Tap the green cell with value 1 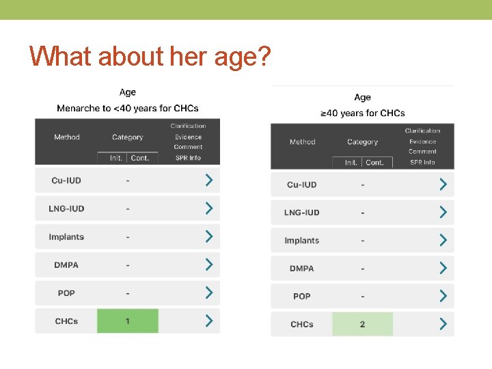[x=128, y=321]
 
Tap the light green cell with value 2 [x=362, y=324]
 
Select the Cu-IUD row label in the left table [x=66, y=180]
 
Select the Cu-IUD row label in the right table [x=301, y=184]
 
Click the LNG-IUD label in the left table [x=66, y=208]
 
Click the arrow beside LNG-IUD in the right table [x=443, y=213]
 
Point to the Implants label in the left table [x=66, y=237]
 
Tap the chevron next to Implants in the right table [x=443, y=241]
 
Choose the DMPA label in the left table [x=66, y=265]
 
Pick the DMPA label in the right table [x=301, y=269]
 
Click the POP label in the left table [x=66, y=293]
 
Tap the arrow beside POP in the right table [x=443, y=296]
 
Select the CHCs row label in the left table [x=66, y=321]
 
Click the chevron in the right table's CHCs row [x=443, y=324]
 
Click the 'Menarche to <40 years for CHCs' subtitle [x=128, y=109]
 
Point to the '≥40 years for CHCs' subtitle [x=362, y=113]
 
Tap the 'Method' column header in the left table [x=67, y=137]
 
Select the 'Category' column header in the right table [x=362, y=142]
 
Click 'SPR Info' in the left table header [x=188, y=158]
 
